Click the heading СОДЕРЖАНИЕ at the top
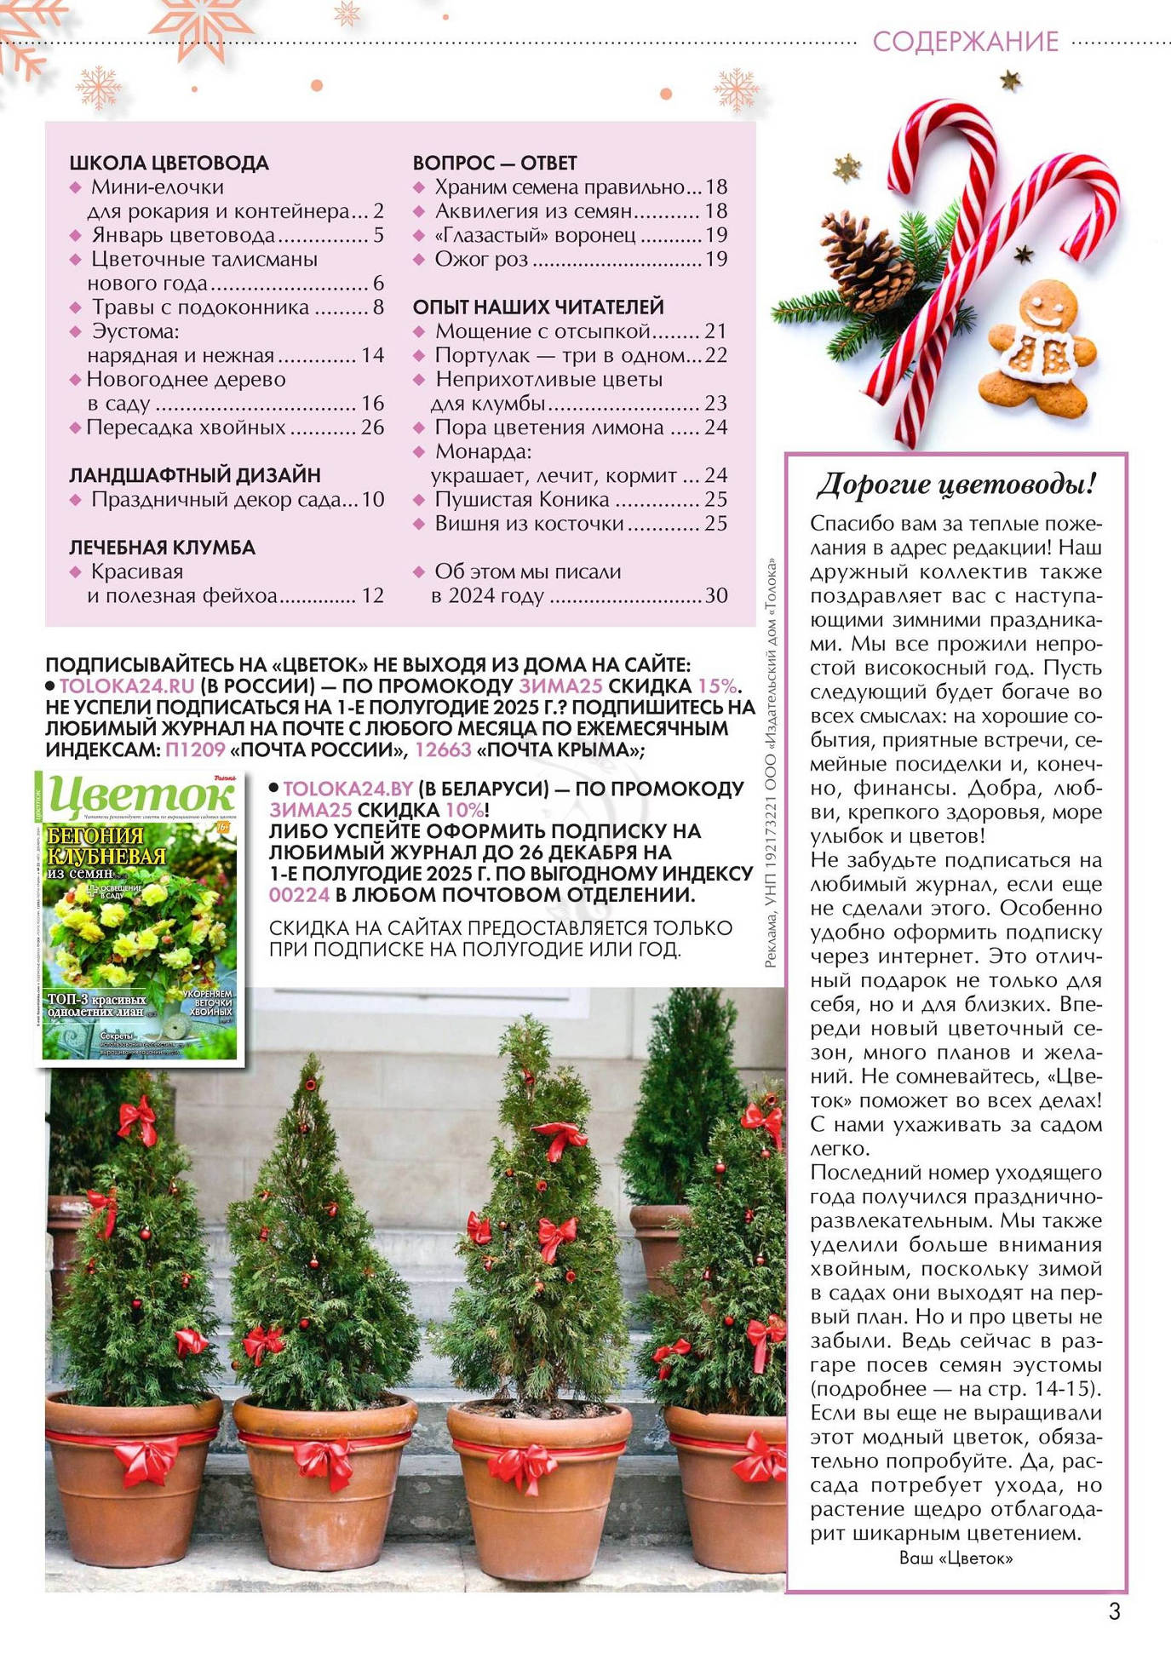click(x=965, y=41)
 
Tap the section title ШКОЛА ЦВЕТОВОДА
click(x=169, y=163)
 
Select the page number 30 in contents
click(x=716, y=595)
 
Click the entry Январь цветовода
click(x=183, y=235)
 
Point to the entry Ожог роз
click(x=481, y=259)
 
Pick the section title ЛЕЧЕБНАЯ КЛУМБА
click(x=162, y=548)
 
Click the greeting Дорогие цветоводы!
click(x=956, y=484)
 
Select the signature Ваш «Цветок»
click(x=956, y=1558)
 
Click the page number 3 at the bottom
click(x=1114, y=1612)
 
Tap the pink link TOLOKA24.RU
click(x=127, y=686)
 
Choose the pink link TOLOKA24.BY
click(x=347, y=789)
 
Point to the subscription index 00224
click(x=299, y=894)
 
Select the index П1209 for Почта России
click(x=196, y=749)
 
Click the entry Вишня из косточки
click(x=529, y=524)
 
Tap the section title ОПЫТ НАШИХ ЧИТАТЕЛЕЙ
click(x=537, y=307)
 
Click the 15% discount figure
click(x=717, y=686)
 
